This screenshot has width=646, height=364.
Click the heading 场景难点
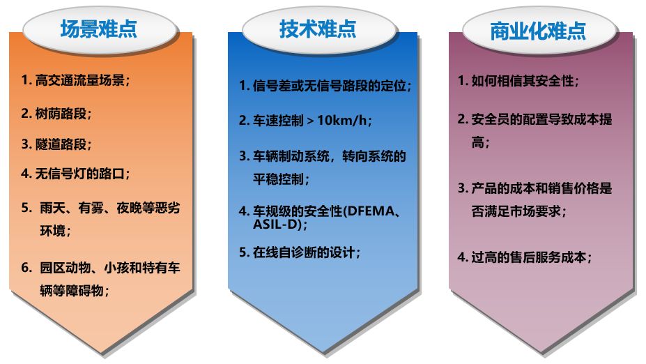[99, 29]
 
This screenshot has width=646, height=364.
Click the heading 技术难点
[318, 29]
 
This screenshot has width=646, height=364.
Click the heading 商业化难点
[538, 31]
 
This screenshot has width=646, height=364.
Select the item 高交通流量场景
[80, 80]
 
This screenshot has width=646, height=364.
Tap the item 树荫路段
[61, 114]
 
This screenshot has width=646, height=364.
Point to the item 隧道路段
[61, 144]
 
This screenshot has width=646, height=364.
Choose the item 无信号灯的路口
[80, 174]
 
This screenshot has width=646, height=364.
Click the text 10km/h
[341, 120]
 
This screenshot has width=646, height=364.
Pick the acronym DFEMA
[370, 211]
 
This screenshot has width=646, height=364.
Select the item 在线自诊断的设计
[304, 252]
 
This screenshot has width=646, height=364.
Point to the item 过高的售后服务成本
[529, 257]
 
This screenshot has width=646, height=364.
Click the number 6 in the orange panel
[25, 268]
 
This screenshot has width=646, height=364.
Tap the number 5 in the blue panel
[243, 252]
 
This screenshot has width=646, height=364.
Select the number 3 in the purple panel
[461, 188]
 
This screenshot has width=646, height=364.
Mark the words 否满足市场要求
[516, 211]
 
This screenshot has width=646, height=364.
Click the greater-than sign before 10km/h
[310, 121]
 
